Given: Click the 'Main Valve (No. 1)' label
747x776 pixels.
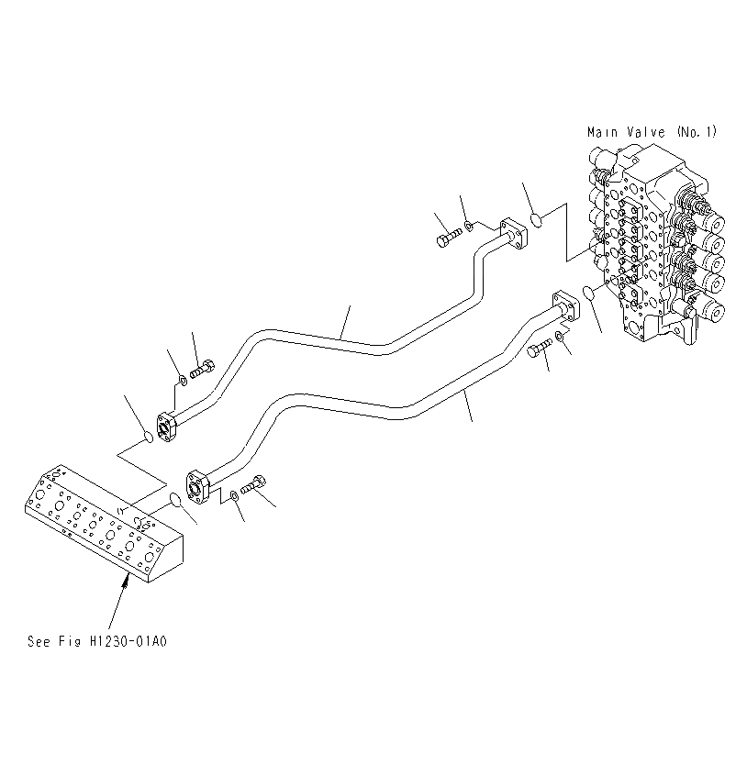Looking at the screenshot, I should pos(651,132).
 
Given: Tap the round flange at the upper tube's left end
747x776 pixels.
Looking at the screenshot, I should pos(167,427).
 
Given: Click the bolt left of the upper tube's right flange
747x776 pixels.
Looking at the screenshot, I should pos(445,239).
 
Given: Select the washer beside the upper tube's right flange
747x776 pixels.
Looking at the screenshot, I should pos(469,225).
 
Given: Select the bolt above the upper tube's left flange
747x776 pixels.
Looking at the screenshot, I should pos(203,369).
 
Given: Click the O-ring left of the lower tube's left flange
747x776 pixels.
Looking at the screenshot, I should pos(173,500).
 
